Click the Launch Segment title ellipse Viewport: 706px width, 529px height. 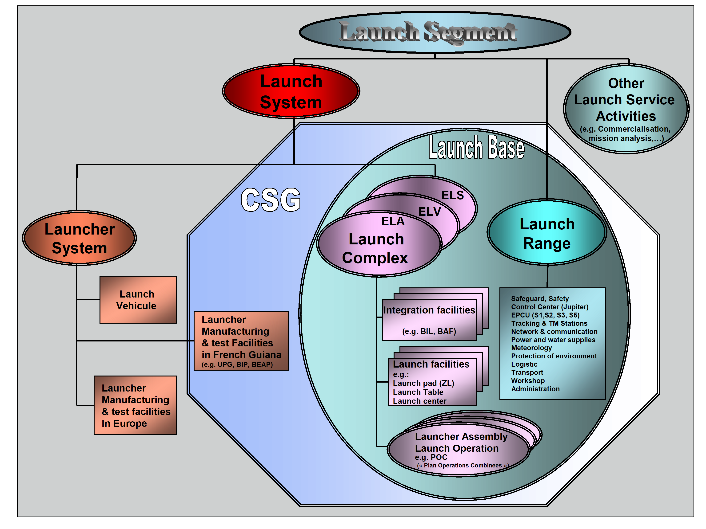[x=435, y=32]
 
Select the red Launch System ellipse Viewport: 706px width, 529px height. [x=291, y=91]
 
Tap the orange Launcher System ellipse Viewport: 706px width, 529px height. [x=79, y=238]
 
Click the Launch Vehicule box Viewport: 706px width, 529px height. [x=138, y=300]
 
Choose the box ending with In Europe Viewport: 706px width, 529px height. [x=135, y=405]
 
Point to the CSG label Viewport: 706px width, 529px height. [x=271, y=200]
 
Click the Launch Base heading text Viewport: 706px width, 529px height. [x=476, y=147]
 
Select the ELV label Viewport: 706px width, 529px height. [x=430, y=212]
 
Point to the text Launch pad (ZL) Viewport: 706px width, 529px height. [x=423, y=383]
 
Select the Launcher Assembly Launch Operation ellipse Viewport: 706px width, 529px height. [x=459, y=450]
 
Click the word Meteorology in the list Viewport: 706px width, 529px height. [x=531, y=348]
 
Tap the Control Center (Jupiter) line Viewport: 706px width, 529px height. [x=550, y=307]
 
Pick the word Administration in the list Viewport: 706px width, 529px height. [x=535, y=389]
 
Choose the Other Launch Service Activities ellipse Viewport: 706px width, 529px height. [x=626, y=108]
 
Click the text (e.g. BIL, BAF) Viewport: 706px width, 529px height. [x=429, y=332]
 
